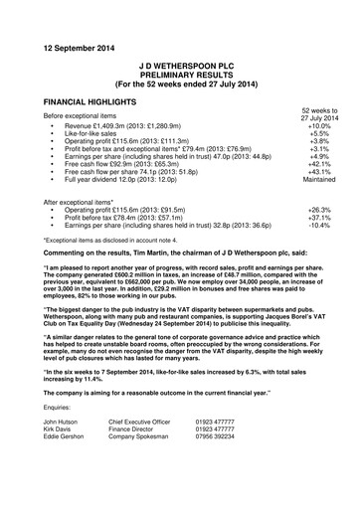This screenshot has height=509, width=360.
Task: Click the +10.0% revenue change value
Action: coord(319,127)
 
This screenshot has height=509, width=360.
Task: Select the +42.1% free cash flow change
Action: coord(319,163)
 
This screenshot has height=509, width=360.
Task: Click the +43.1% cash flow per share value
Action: coord(319,172)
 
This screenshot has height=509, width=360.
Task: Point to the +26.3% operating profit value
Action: coord(319,209)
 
